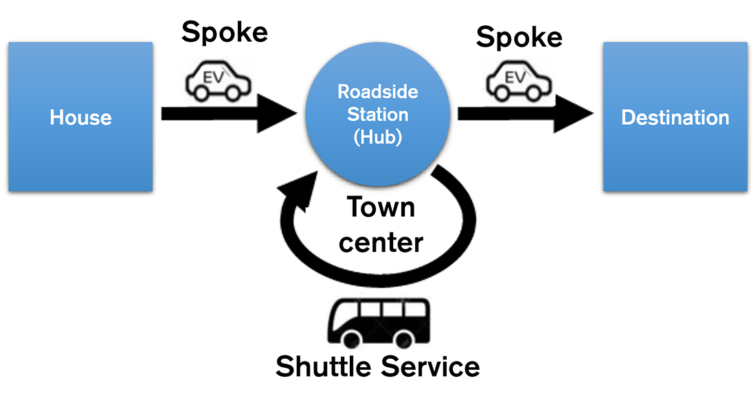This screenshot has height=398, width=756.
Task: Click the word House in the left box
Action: [80, 117]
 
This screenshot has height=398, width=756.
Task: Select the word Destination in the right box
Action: [675, 117]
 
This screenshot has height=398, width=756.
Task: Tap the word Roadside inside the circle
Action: [377, 91]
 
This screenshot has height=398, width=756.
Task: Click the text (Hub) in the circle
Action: [377, 137]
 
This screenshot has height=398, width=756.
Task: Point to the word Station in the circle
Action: [377, 114]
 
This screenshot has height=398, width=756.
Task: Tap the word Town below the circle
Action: [380, 207]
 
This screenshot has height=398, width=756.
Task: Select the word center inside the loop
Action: [380, 242]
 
